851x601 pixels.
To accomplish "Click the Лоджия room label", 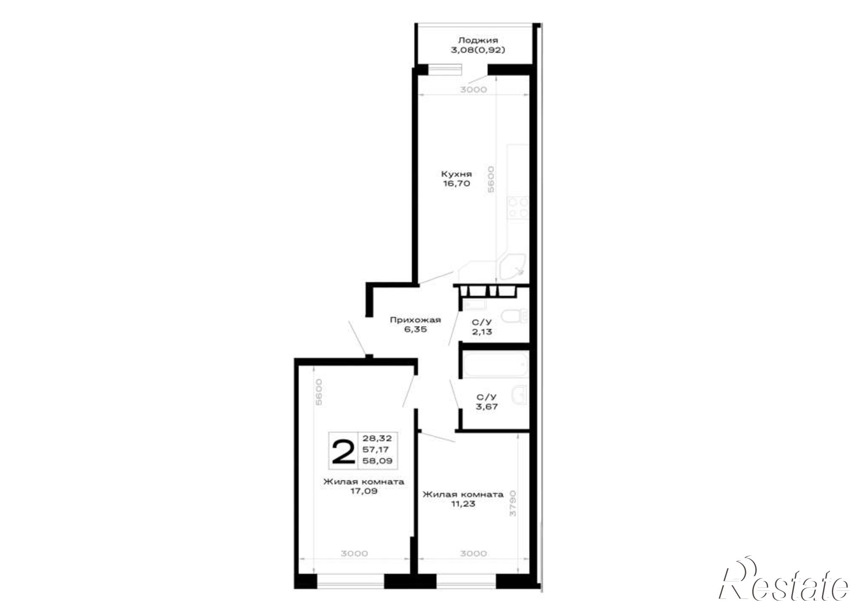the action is [478, 41].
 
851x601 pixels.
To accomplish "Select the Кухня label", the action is [457, 174].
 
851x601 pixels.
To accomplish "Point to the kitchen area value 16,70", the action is [457, 184].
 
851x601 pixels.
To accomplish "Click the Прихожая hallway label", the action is [415, 320].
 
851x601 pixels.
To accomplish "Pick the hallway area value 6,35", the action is [415, 329].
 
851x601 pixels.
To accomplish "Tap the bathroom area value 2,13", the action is [482, 332].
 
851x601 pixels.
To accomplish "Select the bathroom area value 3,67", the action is [487, 407].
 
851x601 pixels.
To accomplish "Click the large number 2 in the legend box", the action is [343, 452].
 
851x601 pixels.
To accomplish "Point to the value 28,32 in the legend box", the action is [377, 438].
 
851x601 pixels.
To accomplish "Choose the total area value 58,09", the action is [377, 461].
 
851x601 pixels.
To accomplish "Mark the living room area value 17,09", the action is [363, 492].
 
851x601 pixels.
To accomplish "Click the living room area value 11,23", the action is [463, 504].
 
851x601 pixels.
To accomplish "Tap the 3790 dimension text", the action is [513, 503].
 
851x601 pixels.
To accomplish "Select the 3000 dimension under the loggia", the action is [474, 90].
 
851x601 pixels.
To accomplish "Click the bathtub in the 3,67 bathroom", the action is [495, 364].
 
